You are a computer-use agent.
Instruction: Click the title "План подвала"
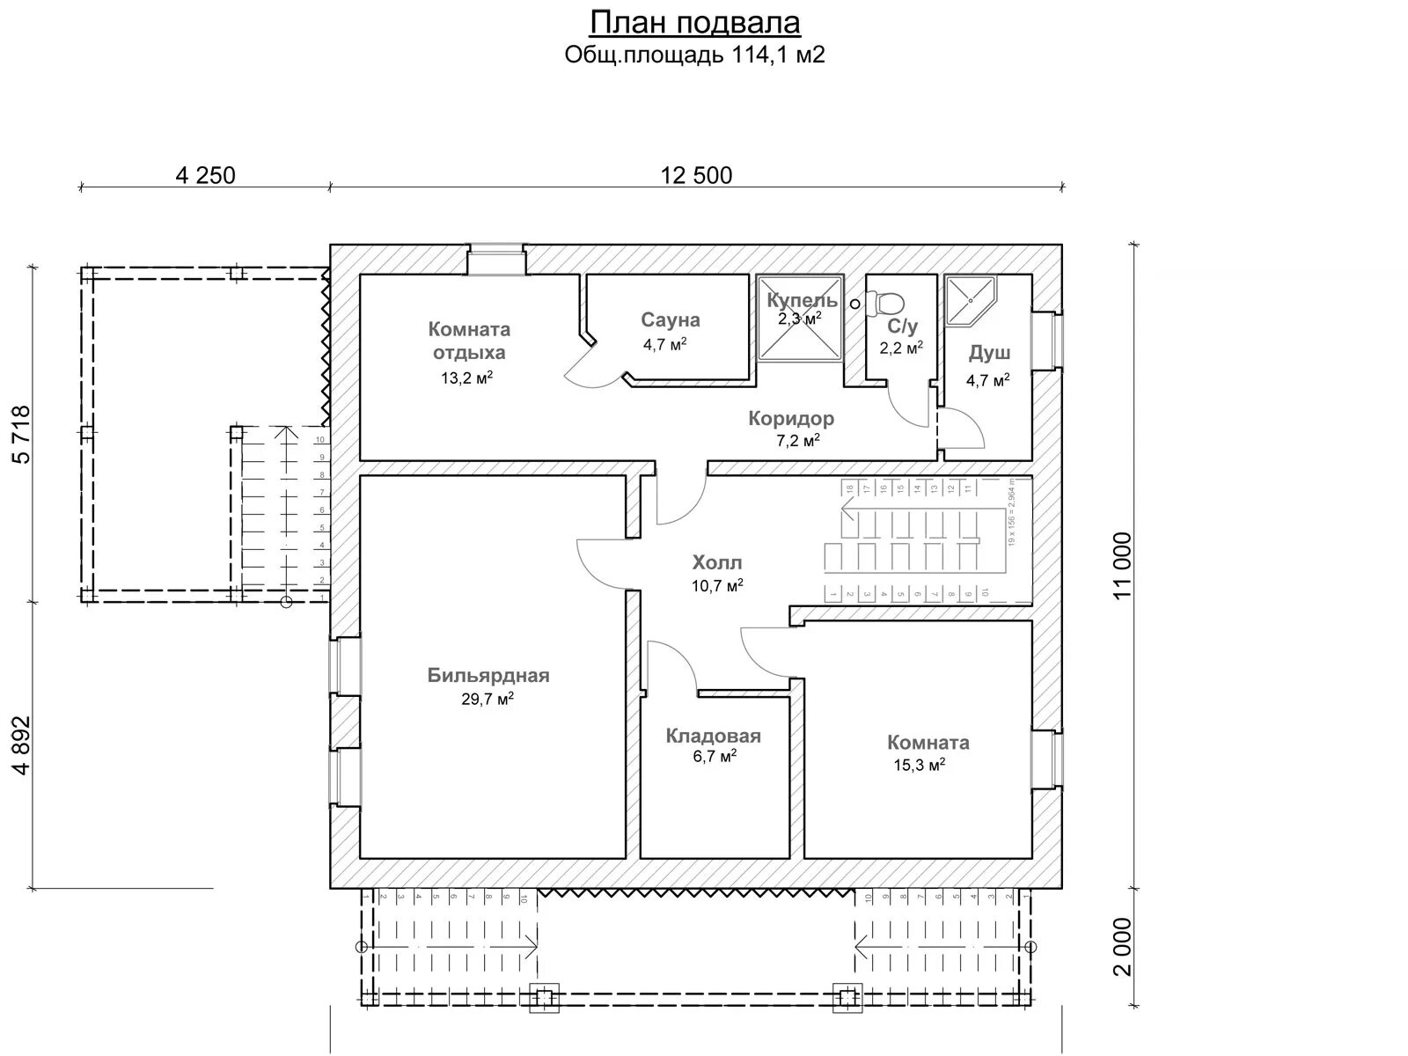[694, 22]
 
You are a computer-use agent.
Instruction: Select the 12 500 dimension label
[696, 175]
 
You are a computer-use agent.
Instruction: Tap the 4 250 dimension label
[206, 175]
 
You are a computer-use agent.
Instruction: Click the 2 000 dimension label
[1121, 947]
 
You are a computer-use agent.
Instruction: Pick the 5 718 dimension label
[22, 434]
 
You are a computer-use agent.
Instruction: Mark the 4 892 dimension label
[22, 744]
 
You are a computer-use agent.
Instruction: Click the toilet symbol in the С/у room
[886, 304]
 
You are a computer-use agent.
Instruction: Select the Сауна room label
[670, 319]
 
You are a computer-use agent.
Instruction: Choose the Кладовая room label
[713, 736]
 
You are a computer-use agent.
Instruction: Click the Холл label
[717, 561]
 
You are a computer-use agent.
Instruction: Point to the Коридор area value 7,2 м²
[798, 440]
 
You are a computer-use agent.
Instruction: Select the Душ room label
[989, 353]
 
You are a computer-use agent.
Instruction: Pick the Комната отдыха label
[469, 341]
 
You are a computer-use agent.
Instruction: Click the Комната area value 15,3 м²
[920, 765]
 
